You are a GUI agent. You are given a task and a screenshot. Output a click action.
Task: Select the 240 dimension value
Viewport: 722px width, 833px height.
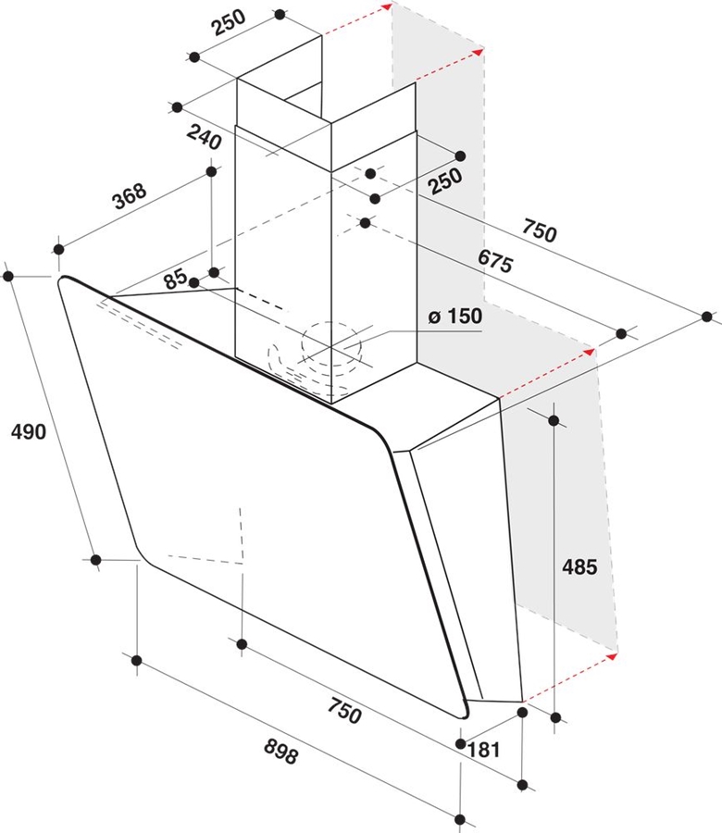pyautogui.click(x=204, y=139)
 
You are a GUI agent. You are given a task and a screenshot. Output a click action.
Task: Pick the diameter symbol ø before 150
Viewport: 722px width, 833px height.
pyautogui.click(x=434, y=317)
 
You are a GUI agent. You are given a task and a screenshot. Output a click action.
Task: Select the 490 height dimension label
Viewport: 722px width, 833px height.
pyautogui.click(x=28, y=431)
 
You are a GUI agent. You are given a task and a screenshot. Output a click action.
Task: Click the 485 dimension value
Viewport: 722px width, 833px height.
pyautogui.click(x=580, y=566)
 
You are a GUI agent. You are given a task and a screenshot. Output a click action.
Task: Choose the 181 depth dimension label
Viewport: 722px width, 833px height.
pyautogui.click(x=484, y=751)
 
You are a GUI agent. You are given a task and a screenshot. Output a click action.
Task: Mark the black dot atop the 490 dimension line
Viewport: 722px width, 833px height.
pyautogui.click(x=9, y=276)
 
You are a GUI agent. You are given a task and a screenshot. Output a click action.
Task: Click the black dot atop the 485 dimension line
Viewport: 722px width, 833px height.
pyautogui.click(x=554, y=421)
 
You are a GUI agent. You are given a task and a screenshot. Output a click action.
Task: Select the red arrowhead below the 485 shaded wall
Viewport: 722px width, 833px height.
pyautogui.click(x=612, y=656)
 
